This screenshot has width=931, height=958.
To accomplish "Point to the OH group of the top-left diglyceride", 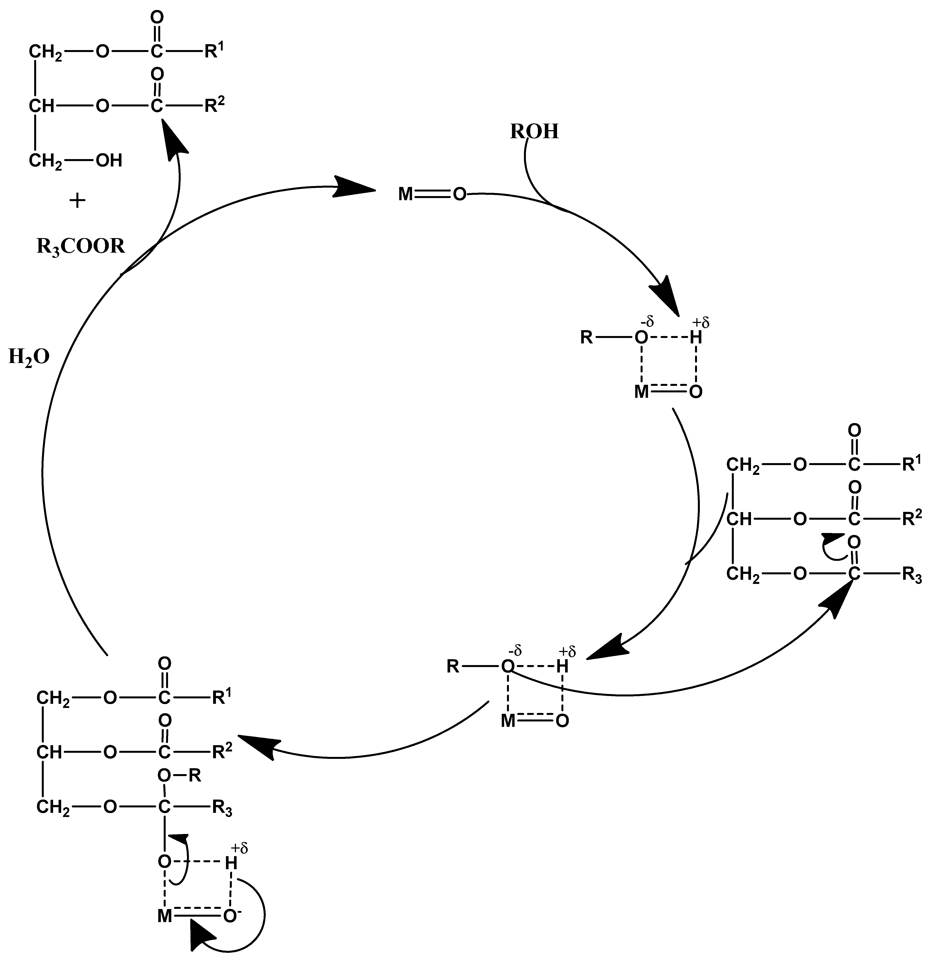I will pyautogui.click(x=109, y=160).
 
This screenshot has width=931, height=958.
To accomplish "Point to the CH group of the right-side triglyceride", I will pyautogui.click(x=739, y=519).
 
